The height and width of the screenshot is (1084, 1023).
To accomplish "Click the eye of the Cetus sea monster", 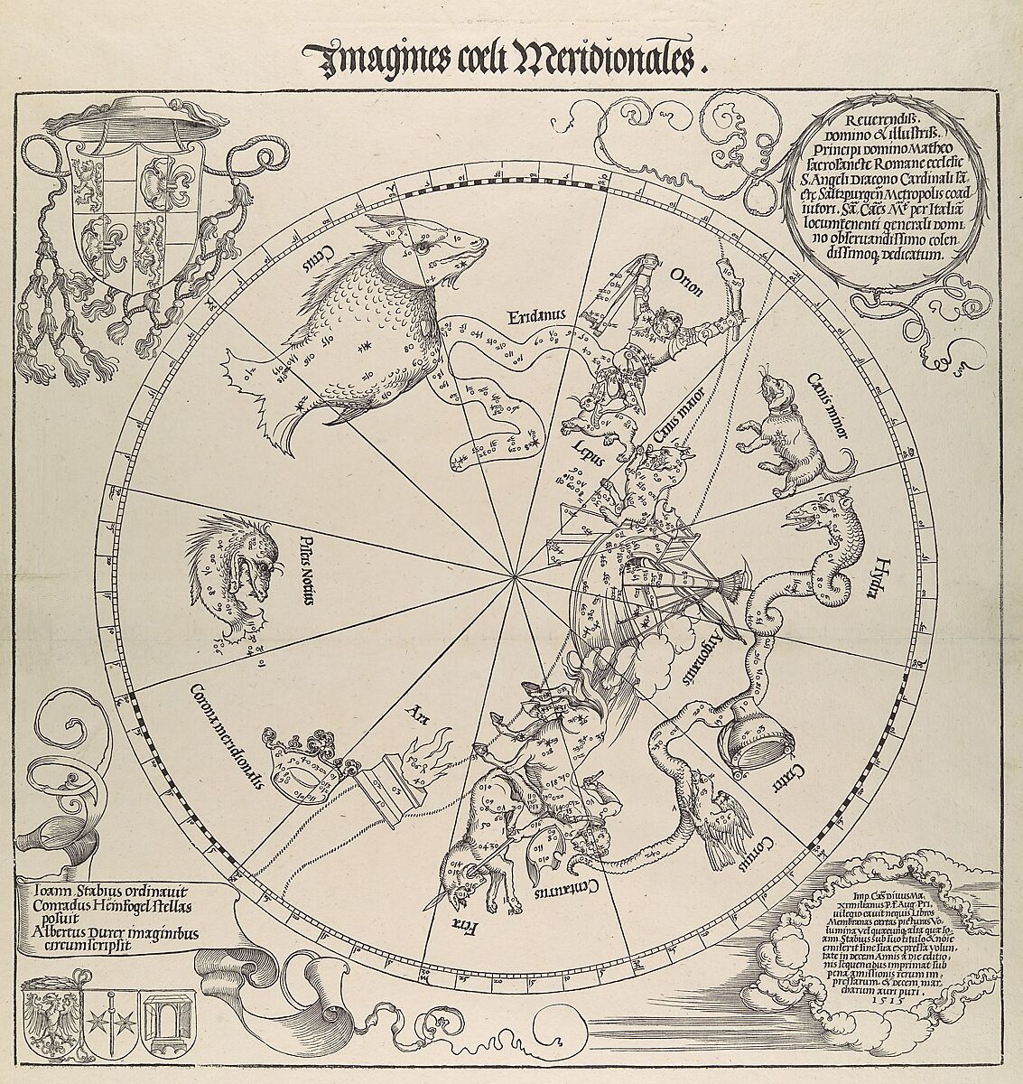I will (423, 242).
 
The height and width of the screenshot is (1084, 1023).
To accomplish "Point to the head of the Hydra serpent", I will (805, 515).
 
